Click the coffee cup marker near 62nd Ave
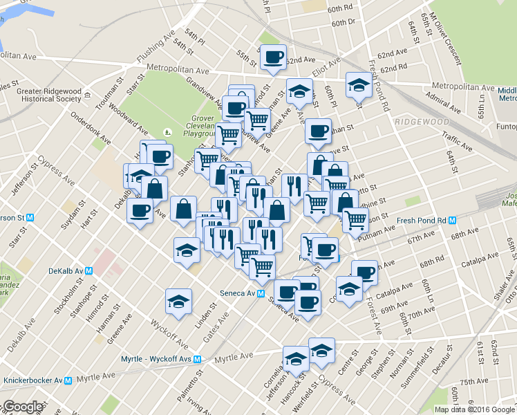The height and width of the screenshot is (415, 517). (x=272, y=57)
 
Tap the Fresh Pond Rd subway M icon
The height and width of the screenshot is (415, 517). (x=453, y=221)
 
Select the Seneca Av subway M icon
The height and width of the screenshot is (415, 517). (x=261, y=293)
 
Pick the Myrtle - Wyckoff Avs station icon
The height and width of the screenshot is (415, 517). (x=197, y=359)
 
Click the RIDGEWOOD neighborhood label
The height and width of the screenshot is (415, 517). (x=422, y=122)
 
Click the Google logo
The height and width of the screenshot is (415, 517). (x=22, y=407)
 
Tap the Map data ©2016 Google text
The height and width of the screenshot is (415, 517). (x=474, y=409)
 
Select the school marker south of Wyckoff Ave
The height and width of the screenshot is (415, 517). (x=178, y=302)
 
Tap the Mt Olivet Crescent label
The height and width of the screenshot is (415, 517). (x=445, y=39)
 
